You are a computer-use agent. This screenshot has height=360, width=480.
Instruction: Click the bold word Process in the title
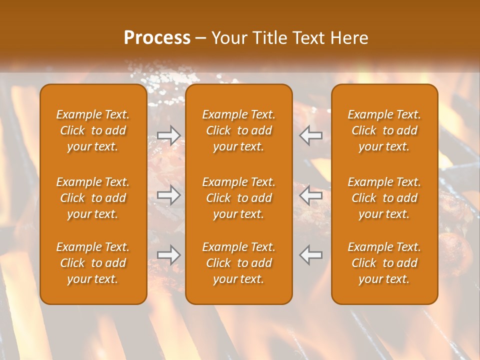[x=157, y=38]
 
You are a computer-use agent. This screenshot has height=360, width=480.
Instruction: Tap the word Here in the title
[x=349, y=38]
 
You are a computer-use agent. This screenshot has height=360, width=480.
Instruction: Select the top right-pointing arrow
[x=169, y=135]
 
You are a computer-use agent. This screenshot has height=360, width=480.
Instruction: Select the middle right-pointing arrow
[x=169, y=195]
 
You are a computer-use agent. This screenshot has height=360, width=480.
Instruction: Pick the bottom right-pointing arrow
[x=169, y=255]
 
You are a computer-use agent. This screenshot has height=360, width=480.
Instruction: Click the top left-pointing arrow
[x=310, y=135]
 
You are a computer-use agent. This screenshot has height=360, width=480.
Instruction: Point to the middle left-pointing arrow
[x=310, y=195]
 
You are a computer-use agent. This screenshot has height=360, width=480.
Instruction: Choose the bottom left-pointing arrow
[x=310, y=255]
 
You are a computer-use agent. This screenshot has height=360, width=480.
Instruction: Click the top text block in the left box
[x=93, y=130]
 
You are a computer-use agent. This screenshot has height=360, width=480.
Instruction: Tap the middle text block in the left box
[x=93, y=198]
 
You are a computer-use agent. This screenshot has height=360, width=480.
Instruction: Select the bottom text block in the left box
[x=93, y=263]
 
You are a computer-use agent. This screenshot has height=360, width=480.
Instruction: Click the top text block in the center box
[x=238, y=130]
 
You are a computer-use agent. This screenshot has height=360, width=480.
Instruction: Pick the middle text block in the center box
[x=238, y=198]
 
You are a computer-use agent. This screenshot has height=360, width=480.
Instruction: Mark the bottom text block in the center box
[x=238, y=263]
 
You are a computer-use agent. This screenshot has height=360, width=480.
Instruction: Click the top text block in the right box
[x=384, y=130]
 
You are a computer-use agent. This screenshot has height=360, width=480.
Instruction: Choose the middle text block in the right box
[x=384, y=198]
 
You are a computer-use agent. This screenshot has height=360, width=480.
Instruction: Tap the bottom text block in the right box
[x=384, y=263]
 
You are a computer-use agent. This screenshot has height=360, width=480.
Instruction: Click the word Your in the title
[x=229, y=38]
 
